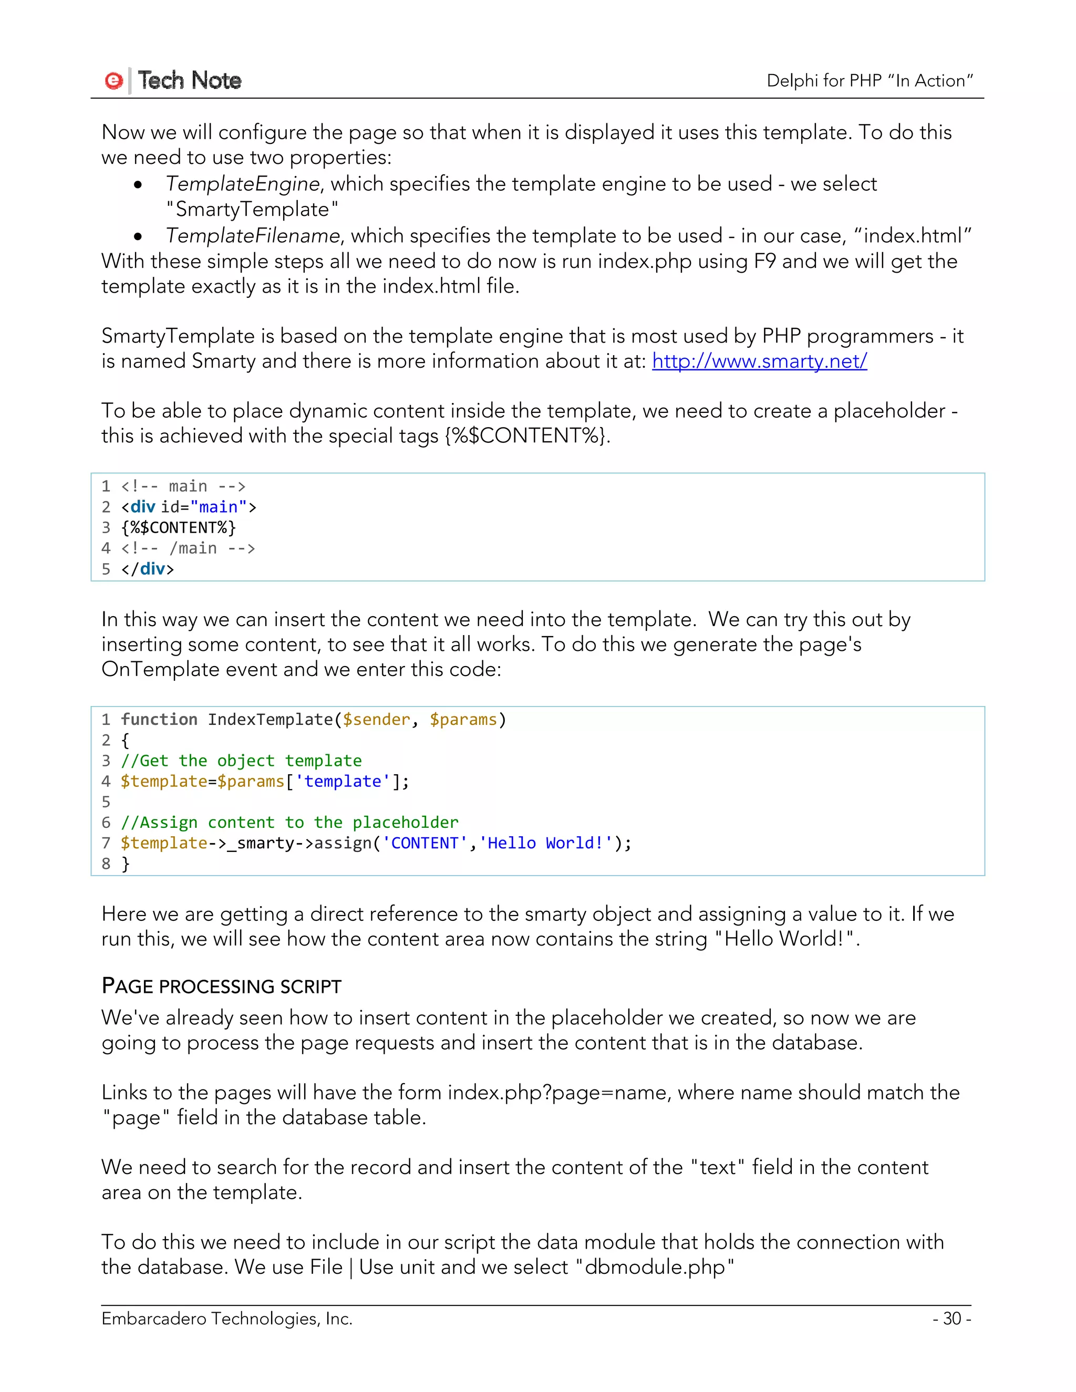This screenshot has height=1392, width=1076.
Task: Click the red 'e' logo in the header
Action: [x=113, y=81]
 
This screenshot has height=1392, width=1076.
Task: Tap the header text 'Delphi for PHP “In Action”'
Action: [x=870, y=81]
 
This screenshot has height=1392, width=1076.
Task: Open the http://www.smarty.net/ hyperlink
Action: [x=759, y=361]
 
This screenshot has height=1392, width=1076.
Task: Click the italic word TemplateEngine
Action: [x=242, y=184]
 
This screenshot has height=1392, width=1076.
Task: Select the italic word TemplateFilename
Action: [x=252, y=236]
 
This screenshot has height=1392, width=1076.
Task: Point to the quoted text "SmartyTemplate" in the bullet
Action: [x=252, y=210]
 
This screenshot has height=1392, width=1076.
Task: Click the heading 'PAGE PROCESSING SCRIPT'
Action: [x=221, y=986]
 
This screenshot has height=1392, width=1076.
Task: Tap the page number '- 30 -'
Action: [x=951, y=1318]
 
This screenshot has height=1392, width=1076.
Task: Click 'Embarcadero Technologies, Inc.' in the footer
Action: [x=226, y=1318]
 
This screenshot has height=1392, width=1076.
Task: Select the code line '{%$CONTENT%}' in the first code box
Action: [x=179, y=528]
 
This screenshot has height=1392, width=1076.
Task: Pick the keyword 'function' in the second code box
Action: [x=159, y=720]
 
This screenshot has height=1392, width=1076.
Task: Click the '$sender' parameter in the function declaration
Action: [x=376, y=720]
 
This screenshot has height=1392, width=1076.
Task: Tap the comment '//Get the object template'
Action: [x=241, y=761]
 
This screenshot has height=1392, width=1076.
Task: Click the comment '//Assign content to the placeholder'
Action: [x=289, y=823]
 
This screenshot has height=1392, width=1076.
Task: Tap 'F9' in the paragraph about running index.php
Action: [x=764, y=261]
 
